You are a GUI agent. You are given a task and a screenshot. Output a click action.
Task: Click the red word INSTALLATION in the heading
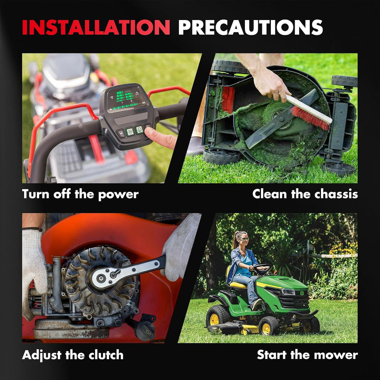click(96, 27)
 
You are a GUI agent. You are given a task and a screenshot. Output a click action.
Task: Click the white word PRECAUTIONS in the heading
click(250, 27)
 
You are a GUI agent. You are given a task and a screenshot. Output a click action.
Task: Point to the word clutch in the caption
click(106, 355)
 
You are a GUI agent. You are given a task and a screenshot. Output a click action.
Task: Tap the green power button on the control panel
click(130, 132)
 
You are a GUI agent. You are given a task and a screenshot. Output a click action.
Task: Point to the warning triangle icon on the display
click(137, 93)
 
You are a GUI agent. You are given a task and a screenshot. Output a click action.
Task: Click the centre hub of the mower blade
click(281, 119)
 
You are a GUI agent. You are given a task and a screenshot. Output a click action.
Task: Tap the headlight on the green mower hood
click(288, 292)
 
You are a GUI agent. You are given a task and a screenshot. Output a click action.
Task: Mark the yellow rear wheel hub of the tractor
click(214, 320)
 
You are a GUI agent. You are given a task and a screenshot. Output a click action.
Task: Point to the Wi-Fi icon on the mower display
click(112, 98)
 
